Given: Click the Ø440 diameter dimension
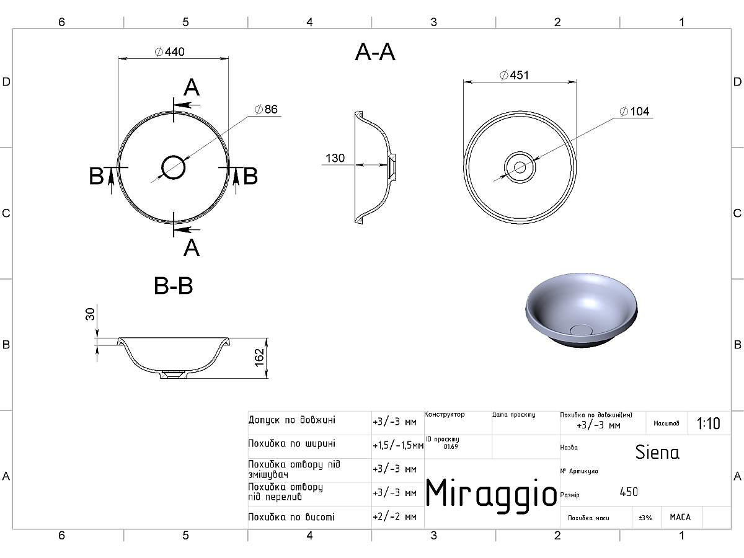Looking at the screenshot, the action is pos(169,52).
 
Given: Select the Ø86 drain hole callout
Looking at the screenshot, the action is pos(266,109).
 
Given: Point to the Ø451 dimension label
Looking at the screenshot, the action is pos(514,75).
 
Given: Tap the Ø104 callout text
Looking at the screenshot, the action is pos(634,111).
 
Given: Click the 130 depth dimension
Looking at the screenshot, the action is pos(335,158).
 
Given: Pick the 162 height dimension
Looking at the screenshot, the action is pos(259,358).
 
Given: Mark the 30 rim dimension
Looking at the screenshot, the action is pos(90,314).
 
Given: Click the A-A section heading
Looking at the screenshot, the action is pos(375,53).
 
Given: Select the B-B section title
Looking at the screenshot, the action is pos(173,286).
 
